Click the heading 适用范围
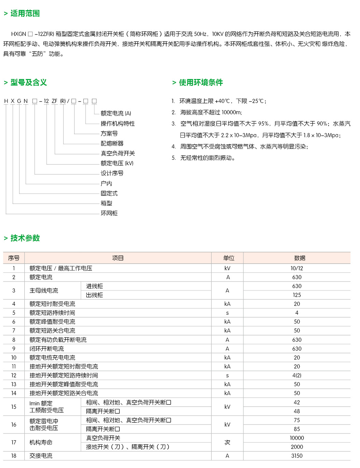pos(25,13)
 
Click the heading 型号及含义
pos(28,82)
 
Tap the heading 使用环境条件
pos(201,82)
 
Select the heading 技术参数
pos(25,238)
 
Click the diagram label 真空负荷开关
pos(118,153)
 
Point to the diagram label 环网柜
pos(109,213)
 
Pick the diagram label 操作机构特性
pos(118,123)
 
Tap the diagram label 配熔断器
pos(112,143)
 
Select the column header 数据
pos(299,258)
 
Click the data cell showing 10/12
pos(297,268)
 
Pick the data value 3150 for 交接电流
pos(297,456)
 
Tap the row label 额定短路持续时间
pos(52,313)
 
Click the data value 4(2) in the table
pos(297,375)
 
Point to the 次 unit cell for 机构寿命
pos(227,442)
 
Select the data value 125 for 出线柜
pos(297,295)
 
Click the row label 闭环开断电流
pos(46,349)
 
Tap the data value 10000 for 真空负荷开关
pos(297,438)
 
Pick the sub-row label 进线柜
pos(94,286)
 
